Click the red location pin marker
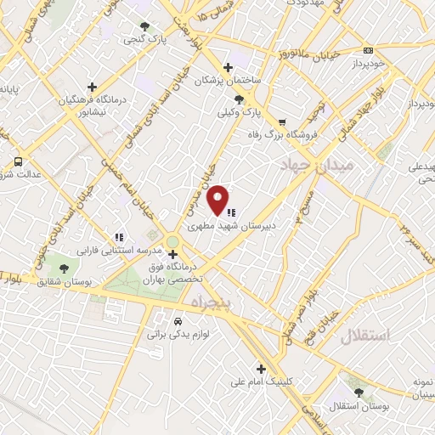[219, 199]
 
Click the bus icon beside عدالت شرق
[18, 161]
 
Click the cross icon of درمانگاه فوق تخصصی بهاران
[172, 254]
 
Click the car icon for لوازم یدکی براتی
[177, 322]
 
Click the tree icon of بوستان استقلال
[358, 393]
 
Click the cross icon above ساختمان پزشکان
[228, 67]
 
